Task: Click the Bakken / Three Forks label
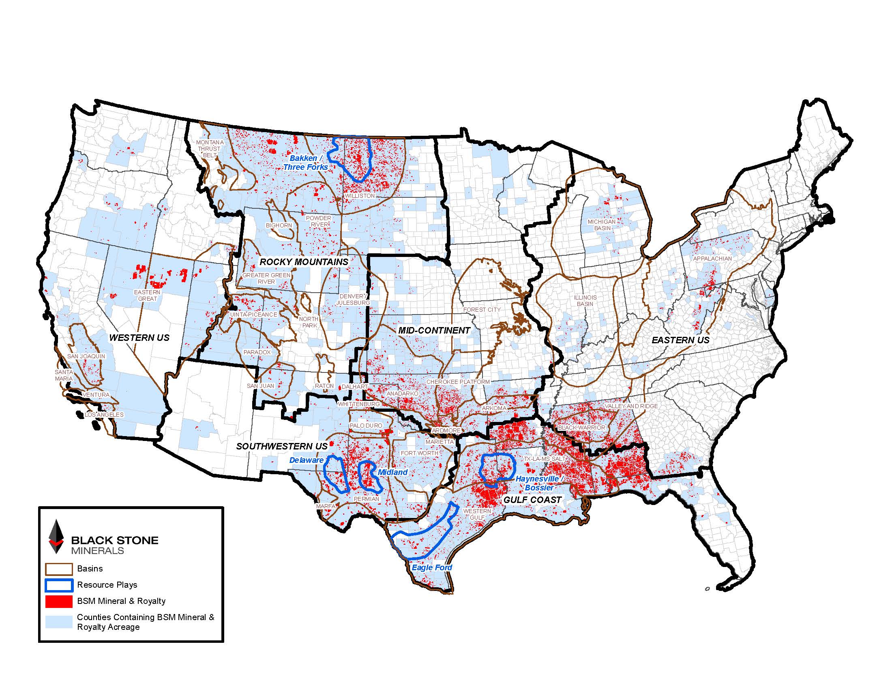tap(305, 163)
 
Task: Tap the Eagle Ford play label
tap(432, 567)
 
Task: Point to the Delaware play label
tap(306, 460)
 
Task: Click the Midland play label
tap(392, 472)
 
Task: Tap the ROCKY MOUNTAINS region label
tap(304, 262)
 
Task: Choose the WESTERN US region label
tap(139, 338)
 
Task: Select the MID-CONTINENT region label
tap(434, 330)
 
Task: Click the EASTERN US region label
tap(680, 340)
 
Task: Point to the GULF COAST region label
tap(532, 500)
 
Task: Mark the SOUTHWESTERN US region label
tap(282, 446)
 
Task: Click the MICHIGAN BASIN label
tap(602, 225)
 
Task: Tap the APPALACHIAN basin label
tap(712, 259)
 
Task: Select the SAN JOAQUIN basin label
tap(86, 356)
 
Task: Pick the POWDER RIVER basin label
tap(319, 221)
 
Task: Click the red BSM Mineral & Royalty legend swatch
tap(59, 601)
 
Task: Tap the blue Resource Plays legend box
tap(59, 585)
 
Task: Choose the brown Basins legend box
tap(59, 569)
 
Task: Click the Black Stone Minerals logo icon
tap(56, 536)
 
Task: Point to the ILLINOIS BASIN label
tap(585, 300)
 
